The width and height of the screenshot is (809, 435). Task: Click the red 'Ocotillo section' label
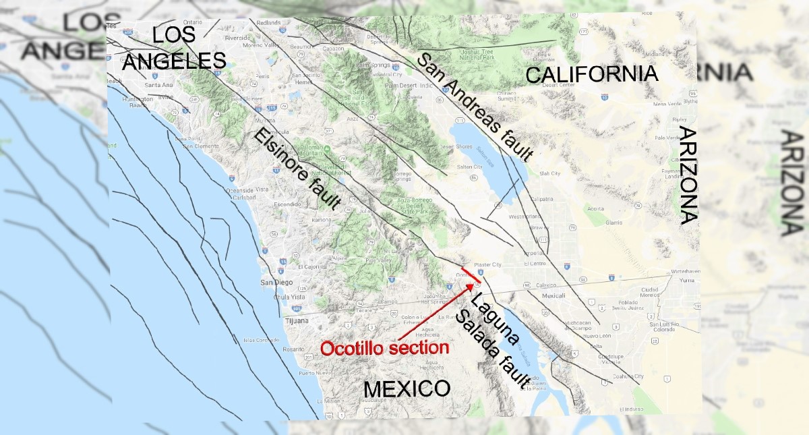coord(384,348)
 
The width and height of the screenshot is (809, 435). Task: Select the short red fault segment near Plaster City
coord(471,275)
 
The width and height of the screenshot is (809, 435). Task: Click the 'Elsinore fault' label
coord(297,169)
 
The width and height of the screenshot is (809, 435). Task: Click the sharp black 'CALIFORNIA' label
coord(591,74)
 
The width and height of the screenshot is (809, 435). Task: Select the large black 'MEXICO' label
coord(406,389)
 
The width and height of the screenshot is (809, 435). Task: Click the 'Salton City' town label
coord(469,167)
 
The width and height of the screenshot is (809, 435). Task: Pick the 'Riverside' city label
coord(237,38)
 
